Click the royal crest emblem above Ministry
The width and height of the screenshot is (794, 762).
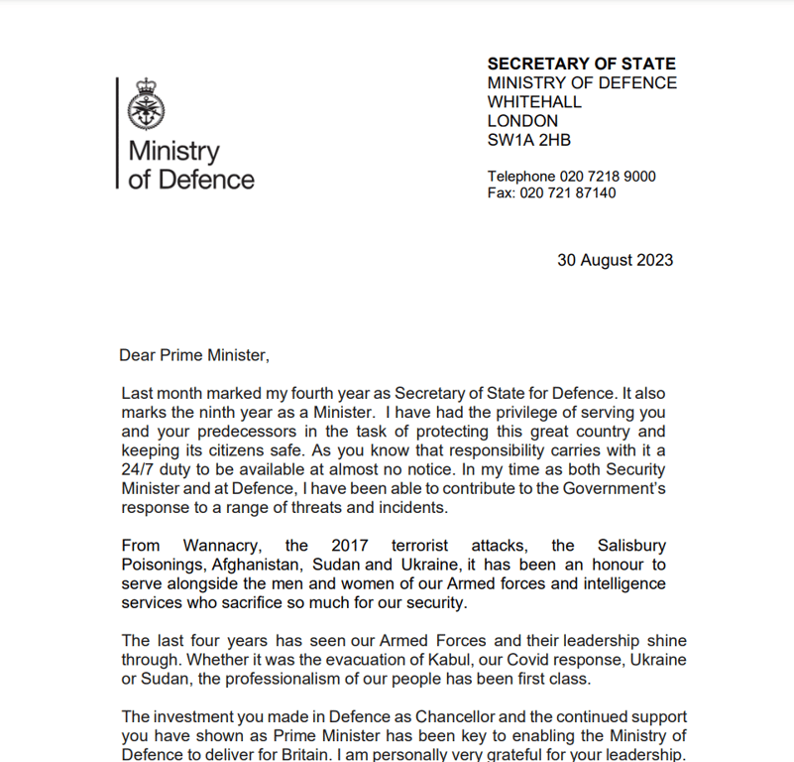147,104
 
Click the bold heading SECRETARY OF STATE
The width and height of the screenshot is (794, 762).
581,64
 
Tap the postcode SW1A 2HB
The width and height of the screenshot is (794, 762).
528,140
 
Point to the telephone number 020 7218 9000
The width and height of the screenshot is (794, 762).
610,177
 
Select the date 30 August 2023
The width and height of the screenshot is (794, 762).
615,260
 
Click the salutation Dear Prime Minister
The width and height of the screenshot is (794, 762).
194,354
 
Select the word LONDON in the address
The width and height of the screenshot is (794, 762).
522,121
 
